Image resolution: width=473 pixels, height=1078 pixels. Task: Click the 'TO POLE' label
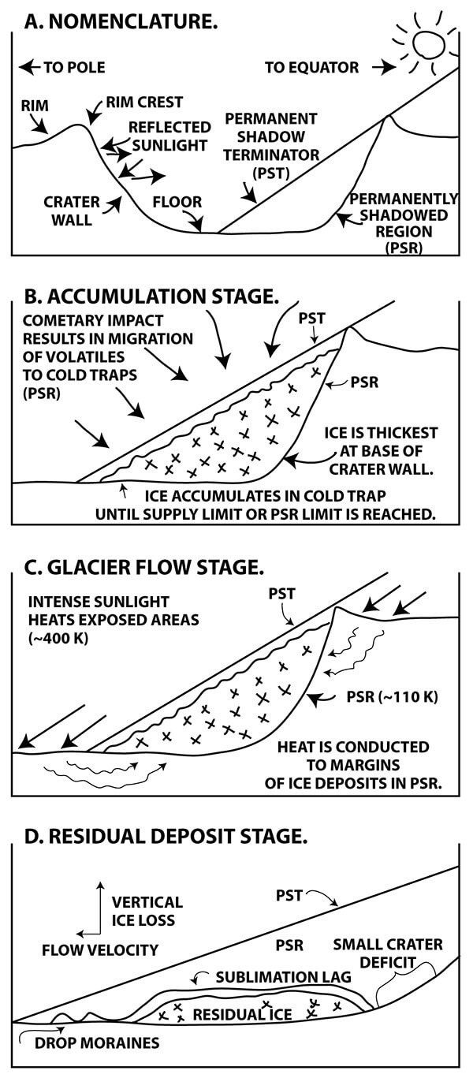pos(74,68)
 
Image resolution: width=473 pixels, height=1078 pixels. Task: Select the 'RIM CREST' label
pos(144,103)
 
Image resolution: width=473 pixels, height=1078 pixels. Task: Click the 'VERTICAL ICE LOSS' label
pos(147,910)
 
